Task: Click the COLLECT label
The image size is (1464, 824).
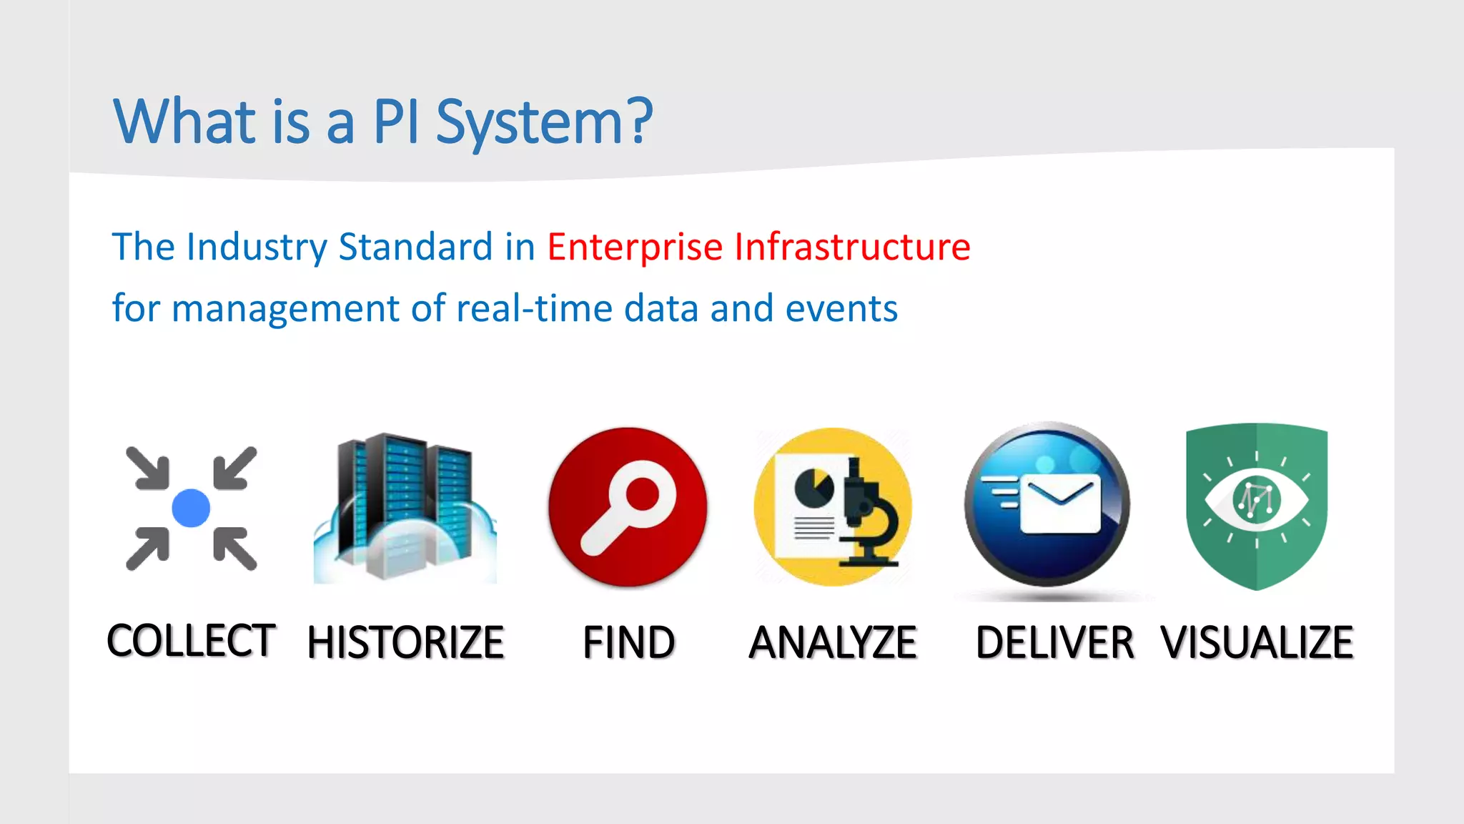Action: point(191,640)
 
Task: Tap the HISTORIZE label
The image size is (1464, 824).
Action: point(405,642)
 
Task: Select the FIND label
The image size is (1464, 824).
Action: point(628,642)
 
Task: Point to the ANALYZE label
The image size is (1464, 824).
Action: point(833,642)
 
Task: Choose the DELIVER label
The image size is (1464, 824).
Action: point(1054,642)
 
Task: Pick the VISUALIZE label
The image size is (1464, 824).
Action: point(1257,642)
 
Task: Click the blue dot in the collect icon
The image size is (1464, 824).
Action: point(191,508)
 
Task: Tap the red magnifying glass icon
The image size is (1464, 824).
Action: point(628,506)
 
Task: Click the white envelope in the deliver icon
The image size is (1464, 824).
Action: point(1061,505)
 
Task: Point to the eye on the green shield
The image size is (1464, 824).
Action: point(1256,499)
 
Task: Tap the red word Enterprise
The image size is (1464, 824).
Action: point(635,247)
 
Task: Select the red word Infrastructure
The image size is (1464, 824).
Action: point(852,247)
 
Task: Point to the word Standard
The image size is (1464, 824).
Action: point(415,247)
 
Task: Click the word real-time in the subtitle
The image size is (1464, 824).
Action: point(534,309)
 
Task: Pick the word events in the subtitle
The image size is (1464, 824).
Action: point(841,309)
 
